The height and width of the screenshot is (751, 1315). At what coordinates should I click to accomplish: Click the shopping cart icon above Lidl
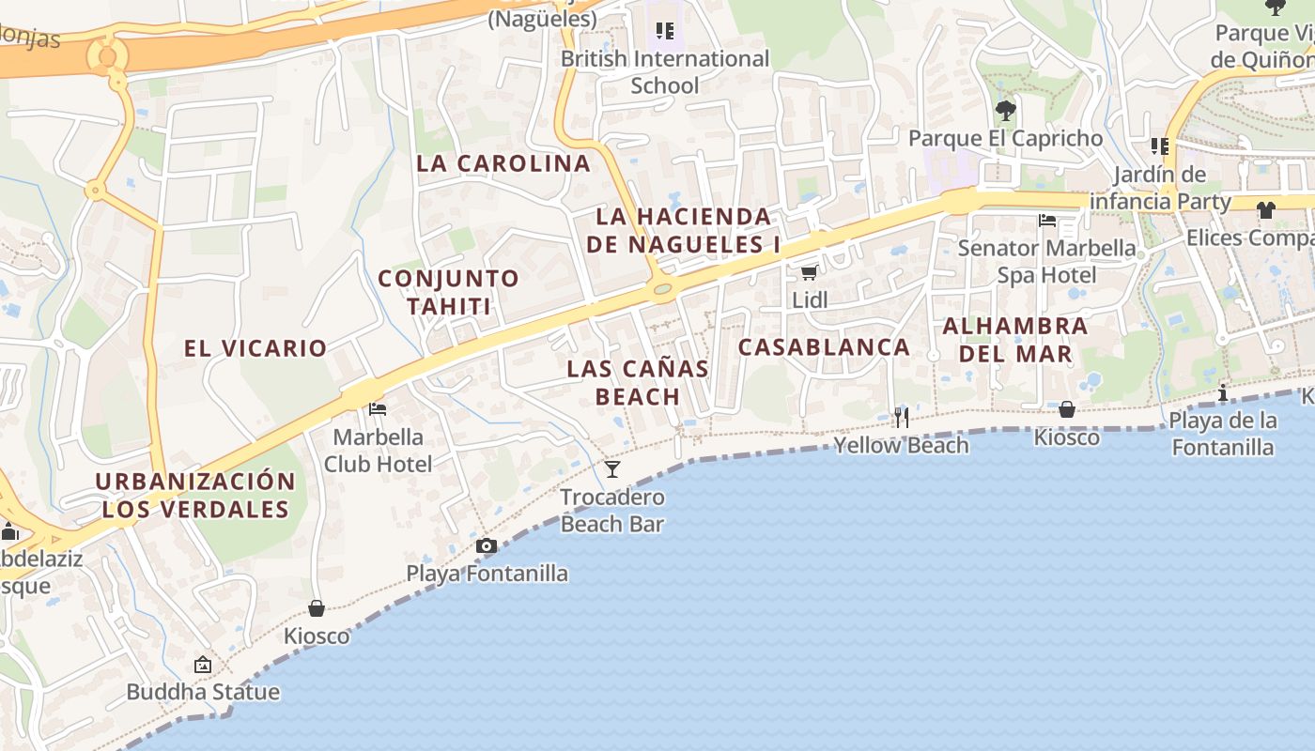(809, 273)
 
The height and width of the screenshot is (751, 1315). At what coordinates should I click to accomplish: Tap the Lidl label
(810, 300)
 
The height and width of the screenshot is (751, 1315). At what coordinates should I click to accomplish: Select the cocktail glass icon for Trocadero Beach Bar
(612, 468)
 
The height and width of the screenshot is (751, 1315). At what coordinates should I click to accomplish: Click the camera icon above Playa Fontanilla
(486, 545)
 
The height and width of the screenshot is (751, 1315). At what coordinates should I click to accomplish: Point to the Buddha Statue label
(203, 693)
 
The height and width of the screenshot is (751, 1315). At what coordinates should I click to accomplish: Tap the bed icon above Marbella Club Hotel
(378, 409)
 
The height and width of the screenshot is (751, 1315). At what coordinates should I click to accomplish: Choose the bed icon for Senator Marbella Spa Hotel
(1047, 222)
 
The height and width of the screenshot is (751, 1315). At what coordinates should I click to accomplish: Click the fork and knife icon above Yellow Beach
(901, 417)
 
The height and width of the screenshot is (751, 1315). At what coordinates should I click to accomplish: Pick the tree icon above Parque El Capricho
(1005, 111)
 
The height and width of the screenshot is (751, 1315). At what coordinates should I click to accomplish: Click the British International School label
(665, 72)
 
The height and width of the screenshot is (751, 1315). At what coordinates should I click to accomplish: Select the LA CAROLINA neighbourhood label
(503, 163)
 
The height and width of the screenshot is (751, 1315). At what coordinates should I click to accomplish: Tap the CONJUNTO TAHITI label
(448, 292)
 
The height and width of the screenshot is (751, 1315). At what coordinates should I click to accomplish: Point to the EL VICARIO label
(255, 348)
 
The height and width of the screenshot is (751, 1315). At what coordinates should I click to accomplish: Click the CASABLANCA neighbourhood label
(824, 347)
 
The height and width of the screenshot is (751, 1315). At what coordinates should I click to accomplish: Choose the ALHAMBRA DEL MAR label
(1014, 340)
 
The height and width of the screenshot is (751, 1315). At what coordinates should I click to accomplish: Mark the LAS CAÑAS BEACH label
(638, 382)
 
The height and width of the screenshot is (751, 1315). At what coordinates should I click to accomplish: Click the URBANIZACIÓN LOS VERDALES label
(195, 496)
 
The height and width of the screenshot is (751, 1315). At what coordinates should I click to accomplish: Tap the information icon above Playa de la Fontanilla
(1222, 392)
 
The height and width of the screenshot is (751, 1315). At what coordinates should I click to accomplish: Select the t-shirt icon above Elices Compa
(1265, 210)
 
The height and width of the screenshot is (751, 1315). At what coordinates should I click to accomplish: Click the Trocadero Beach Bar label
(612, 511)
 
